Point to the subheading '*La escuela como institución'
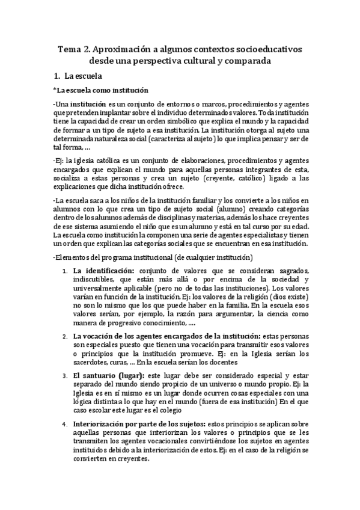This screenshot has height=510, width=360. (x=100, y=91)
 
